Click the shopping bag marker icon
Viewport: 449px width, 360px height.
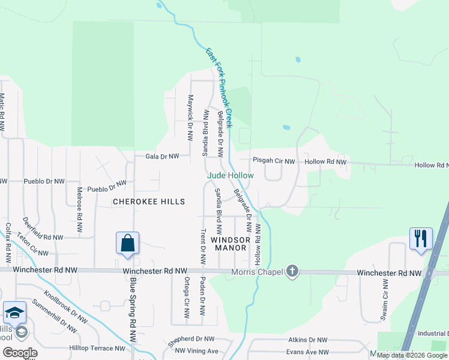point(127,244)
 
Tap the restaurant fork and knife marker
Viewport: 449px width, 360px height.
point(420,238)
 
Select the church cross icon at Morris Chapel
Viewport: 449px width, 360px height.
point(292,272)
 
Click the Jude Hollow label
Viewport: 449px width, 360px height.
point(231,175)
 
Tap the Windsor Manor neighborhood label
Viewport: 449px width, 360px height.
point(229,244)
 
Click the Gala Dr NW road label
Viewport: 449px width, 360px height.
point(162,157)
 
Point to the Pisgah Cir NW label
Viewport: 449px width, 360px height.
point(274,161)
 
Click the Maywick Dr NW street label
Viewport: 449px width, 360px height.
point(190,114)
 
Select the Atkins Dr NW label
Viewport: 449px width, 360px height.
point(306,340)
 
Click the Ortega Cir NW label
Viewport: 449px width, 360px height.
point(187,298)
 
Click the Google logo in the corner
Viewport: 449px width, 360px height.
point(19,353)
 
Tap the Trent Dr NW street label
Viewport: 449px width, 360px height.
point(203,247)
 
